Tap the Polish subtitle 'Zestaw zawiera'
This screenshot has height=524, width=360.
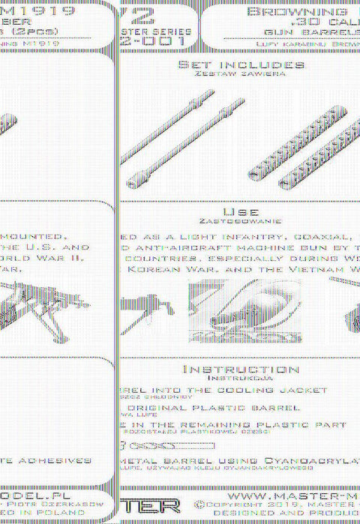241,76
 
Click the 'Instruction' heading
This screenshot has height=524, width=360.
241,370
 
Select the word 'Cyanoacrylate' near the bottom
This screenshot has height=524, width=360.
305,460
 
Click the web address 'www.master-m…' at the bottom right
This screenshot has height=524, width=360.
292,496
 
